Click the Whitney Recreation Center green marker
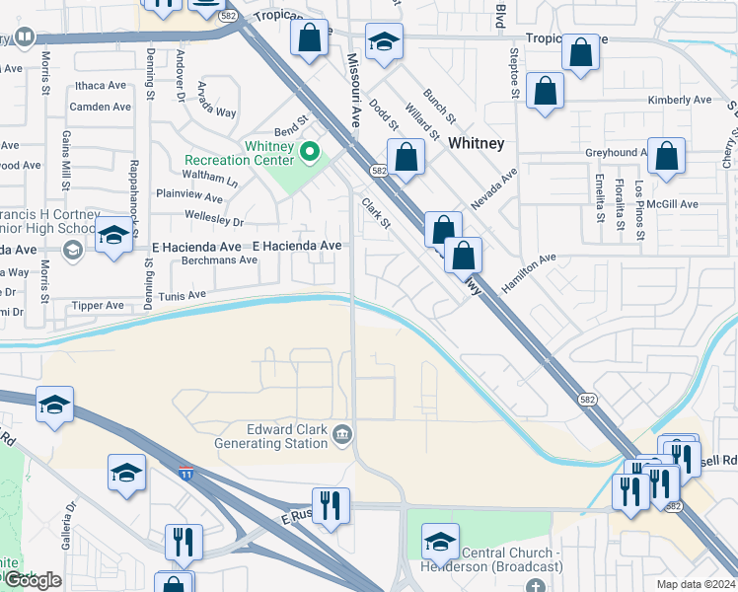(x=310, y=152)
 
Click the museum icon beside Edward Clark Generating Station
(x=342, y=432)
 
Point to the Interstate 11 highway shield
(x=185, y=474)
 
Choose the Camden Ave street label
(x=101, y=107)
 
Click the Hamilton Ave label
(x=528, y=271)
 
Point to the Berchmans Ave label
(x=219, y=260)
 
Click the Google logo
(x=33, y=580)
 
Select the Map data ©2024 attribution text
(x=697, y=584)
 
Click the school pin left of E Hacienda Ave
(x=113, y=238)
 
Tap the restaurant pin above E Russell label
(x=331, y=504)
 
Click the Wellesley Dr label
(x=213, y=221)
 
